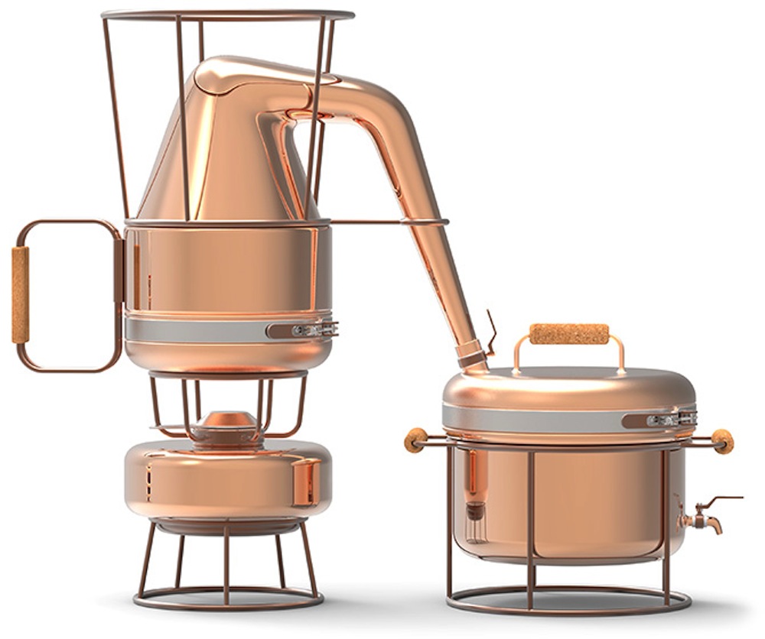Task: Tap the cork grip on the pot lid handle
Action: (569, 334)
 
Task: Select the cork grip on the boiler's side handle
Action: (21, 294)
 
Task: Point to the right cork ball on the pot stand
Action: (721, 440)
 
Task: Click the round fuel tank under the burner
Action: (227, 478)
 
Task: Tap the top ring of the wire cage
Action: (227, 14)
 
